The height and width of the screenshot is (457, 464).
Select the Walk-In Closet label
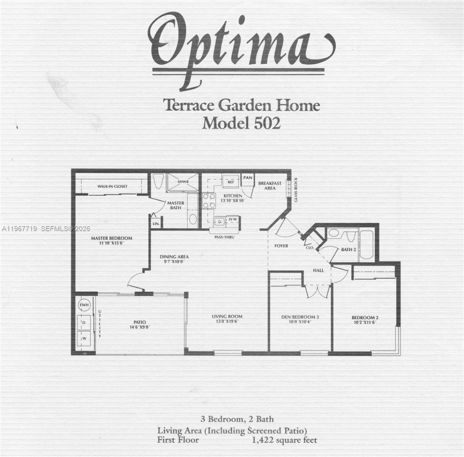click(112, 186)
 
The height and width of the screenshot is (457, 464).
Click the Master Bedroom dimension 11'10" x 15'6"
click(111, 243)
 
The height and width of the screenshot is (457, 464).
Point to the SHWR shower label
click(183, 182)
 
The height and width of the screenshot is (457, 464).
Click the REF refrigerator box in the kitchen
click(231, 182)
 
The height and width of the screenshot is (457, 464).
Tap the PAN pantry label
click(248, 178)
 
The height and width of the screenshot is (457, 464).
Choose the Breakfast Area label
click(270, 186)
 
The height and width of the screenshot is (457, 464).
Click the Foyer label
click(281, 246)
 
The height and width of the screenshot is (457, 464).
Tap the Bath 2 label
click(348, 249)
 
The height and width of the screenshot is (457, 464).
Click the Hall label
click(319, 270)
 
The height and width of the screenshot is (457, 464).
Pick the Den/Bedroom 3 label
click(300, 317)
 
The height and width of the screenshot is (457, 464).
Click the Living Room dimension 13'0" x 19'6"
click(227, 321)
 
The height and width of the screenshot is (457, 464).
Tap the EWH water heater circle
click(84, 305)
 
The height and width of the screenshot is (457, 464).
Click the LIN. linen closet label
click(156, 224)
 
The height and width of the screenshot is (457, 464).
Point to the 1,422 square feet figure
click(285, 440)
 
